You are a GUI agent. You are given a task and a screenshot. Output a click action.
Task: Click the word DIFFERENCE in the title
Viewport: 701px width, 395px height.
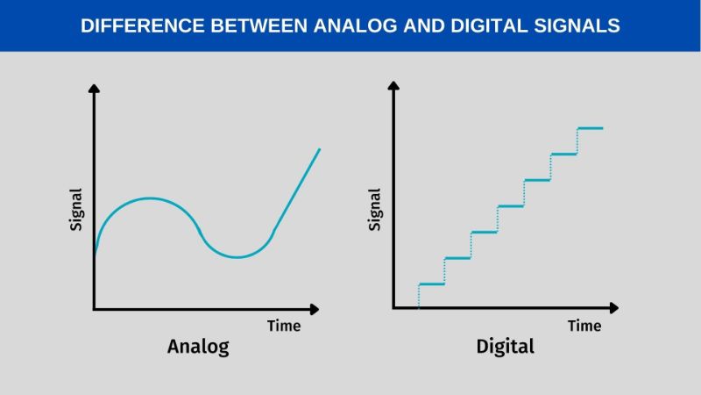(142, 25)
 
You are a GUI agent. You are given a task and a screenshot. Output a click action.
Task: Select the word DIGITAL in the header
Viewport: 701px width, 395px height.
(489, 25)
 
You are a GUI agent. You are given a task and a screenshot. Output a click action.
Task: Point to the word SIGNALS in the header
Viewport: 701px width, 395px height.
(577, 25)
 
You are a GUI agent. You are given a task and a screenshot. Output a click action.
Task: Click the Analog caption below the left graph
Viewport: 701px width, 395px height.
(198, 347)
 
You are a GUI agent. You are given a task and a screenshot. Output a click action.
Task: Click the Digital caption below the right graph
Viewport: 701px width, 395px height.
(506, 346)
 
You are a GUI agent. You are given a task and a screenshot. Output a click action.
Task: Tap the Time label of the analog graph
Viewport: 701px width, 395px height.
(284, 326)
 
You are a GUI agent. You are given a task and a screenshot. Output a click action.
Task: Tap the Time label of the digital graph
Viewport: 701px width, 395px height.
(584, 326)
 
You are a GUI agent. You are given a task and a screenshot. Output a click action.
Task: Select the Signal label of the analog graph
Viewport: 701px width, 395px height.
(76, 210)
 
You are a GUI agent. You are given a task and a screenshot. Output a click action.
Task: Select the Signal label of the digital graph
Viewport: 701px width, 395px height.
(375, 210)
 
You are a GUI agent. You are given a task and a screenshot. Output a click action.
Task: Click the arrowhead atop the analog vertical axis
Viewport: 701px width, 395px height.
(94, 89)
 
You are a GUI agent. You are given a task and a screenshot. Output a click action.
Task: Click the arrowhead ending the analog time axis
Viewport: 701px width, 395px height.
(315, 309)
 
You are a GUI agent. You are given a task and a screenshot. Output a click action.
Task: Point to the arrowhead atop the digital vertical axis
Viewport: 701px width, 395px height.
(393, 85)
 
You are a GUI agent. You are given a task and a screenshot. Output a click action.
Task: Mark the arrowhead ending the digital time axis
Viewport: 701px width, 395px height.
(614, 308)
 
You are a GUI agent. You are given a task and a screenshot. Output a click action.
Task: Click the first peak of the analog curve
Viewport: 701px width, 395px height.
(149, 198)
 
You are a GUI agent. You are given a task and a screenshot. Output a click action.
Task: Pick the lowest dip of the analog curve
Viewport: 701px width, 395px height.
(237, 257)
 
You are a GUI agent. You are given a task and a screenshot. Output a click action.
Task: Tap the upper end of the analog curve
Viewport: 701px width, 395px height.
(320, 149)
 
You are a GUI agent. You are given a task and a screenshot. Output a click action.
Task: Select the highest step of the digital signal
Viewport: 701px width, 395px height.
(590, 128)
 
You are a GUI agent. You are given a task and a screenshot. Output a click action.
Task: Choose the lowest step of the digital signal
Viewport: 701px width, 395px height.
(431, 284)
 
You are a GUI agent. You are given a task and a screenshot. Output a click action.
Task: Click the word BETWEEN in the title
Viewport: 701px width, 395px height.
(258, 25)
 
